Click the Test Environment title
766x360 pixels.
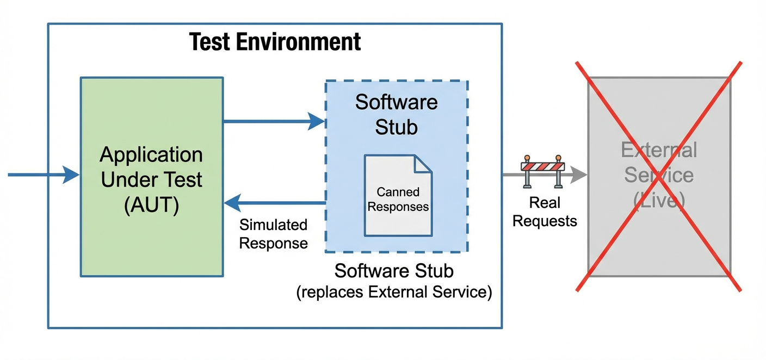(275, 42)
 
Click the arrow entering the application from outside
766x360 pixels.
(44, 175)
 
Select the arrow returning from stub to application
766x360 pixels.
(274, 203)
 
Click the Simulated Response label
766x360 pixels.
(273, 234)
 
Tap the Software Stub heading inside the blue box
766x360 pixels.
(397, 114)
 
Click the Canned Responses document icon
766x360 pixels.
(398, 196)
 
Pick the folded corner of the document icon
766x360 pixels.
(423, 164)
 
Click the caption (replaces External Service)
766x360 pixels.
(394, 292)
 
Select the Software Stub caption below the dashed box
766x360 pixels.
(394, 271)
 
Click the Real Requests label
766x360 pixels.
(545, 212)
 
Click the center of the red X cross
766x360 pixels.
(659, 176)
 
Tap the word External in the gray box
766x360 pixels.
(659, 150)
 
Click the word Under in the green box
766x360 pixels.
(128, 180)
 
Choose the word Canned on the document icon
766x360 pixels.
(398, 192)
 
